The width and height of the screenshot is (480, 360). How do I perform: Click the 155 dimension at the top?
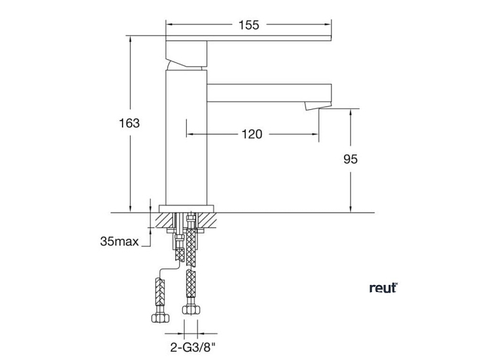(x=249, y=25)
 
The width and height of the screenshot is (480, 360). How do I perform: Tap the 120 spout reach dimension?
(x=252, y=134)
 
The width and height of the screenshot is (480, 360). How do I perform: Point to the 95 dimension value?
(x=350, y=159)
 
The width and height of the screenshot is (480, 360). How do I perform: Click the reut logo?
(x=383, y=288)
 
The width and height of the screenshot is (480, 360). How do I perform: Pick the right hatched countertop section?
(x=208, y=220)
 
